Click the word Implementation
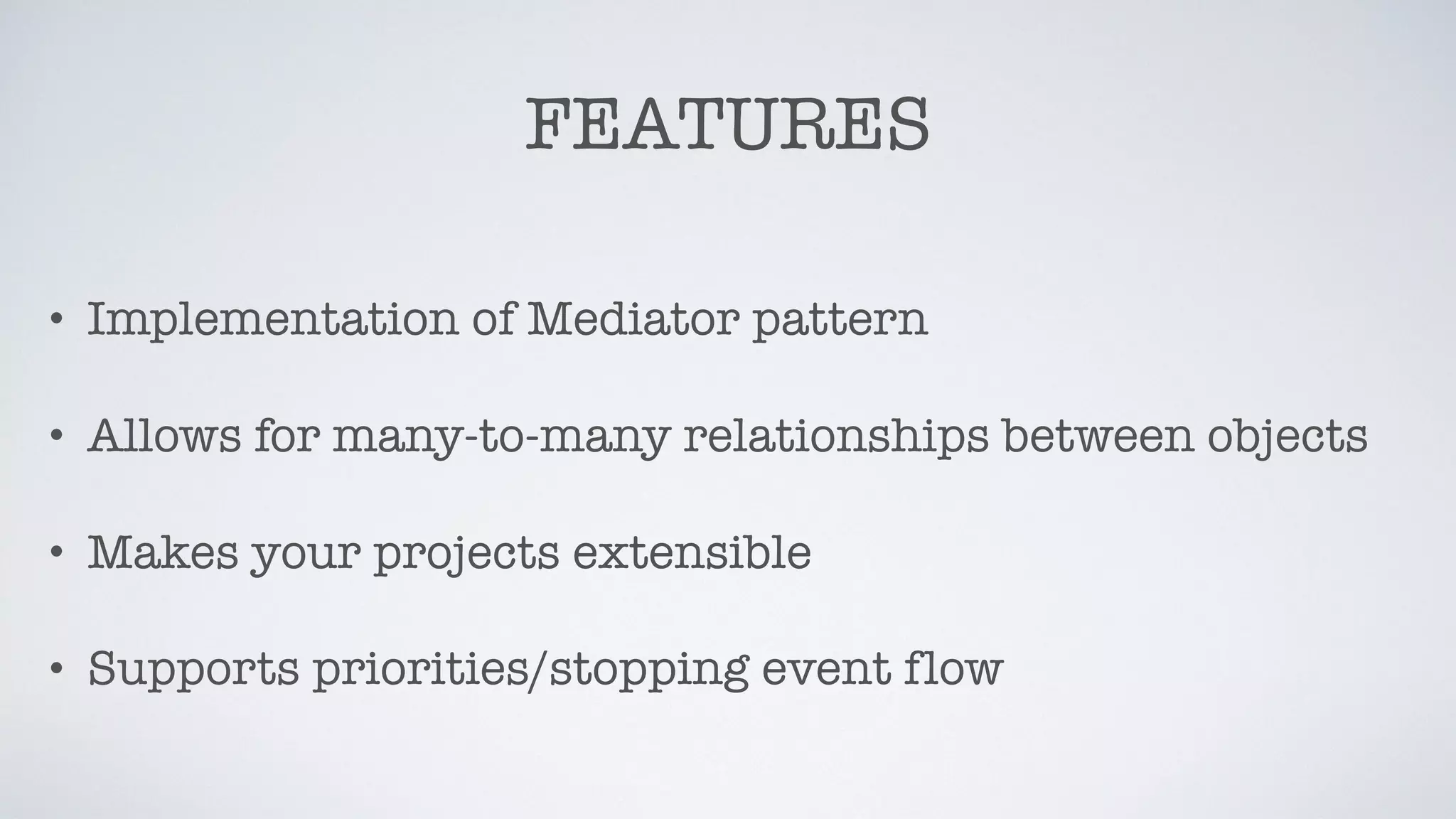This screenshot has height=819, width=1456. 272,320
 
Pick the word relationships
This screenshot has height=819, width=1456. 835,437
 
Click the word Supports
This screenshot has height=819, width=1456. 193,670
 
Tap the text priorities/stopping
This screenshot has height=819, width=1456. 530,670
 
